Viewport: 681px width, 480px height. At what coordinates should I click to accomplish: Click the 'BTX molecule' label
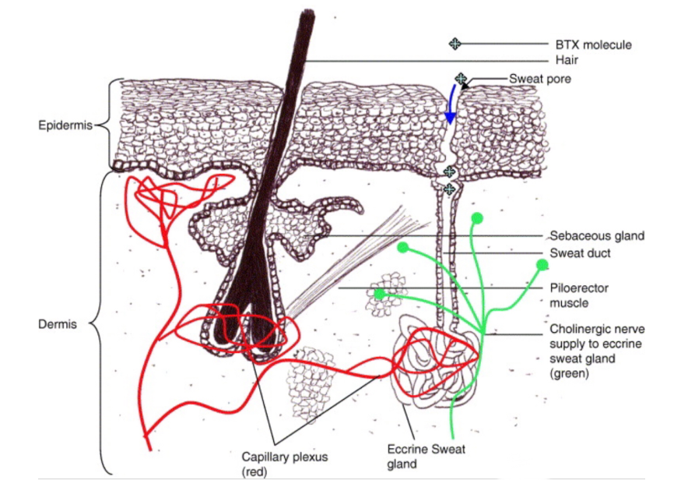(x=593, y=44)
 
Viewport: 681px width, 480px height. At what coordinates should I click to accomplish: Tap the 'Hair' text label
(x=567, y=60)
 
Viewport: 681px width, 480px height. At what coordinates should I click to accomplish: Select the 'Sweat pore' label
(x=540, y=79)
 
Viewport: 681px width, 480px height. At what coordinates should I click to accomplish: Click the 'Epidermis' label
(x=65, y=125)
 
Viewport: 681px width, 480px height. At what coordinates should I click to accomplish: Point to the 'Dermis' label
(x=58, y=324)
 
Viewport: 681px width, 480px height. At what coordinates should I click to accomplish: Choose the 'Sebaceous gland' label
(x=597, y=235)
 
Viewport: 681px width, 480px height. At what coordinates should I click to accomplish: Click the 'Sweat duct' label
(x=580, y=253)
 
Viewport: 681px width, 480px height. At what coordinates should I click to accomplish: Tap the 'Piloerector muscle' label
(x=579, y=295)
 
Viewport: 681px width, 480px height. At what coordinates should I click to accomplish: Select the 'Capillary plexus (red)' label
(x=285, y=464)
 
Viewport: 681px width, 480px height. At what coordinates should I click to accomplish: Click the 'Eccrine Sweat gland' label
(x=426, y=456)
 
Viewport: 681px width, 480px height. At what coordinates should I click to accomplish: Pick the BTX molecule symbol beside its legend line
(x=455, y=44)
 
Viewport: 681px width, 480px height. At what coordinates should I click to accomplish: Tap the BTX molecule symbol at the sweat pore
(x=461, y=79)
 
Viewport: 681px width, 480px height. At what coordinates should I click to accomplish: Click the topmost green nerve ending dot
(x=477, y=218)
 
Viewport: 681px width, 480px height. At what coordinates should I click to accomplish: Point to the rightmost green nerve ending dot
(x=542, y=264)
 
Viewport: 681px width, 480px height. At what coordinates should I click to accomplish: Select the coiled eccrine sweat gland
(x=434, y=361)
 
